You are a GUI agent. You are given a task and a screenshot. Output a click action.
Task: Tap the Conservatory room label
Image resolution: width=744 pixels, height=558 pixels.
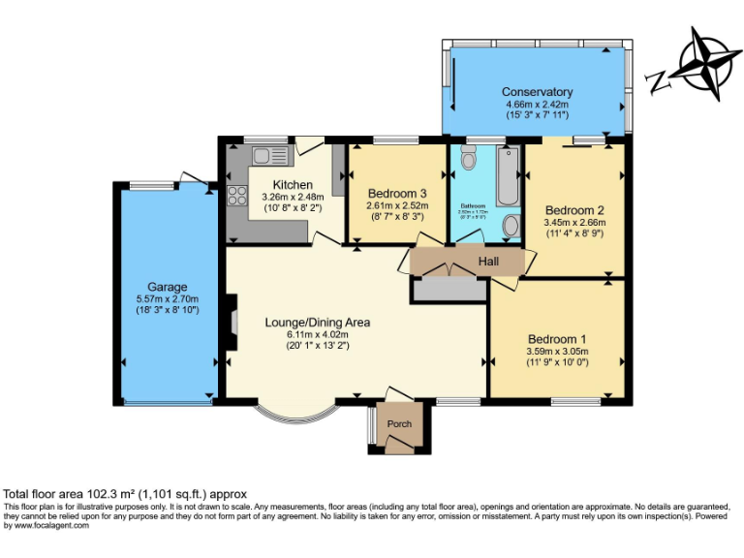point(538,92)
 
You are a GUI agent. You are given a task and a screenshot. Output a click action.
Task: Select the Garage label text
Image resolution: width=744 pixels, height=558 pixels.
point(167,287)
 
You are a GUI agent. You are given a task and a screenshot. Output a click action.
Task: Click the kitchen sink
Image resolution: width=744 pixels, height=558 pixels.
point(263,156)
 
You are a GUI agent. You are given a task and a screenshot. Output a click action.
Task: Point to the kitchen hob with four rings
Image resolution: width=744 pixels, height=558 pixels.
point(237,196)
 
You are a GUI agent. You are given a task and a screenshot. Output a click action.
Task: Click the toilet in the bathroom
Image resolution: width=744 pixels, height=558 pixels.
point(470,159)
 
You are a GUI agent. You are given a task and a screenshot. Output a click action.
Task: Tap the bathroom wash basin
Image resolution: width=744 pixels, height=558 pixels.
point(512,225)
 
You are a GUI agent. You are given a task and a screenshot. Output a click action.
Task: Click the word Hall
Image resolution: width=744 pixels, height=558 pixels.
point(488,261)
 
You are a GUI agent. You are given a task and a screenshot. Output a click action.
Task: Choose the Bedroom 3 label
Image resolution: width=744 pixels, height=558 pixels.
point(396,194)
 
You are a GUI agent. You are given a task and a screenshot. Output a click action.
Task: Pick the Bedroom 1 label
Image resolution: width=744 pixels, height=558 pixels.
point(557,338)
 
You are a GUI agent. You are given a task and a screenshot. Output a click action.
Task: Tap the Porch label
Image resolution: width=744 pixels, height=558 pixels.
point(399,423)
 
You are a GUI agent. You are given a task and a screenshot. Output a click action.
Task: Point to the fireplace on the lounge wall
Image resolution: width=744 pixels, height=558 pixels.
point(231,324)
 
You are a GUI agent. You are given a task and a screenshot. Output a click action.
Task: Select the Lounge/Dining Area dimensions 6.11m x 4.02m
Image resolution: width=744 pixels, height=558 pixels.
point(317,334)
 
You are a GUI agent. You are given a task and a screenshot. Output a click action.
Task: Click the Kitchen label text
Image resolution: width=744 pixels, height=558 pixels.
point(293,185)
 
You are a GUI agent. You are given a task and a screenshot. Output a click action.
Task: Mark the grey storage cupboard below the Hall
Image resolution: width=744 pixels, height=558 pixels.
point(449,288)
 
